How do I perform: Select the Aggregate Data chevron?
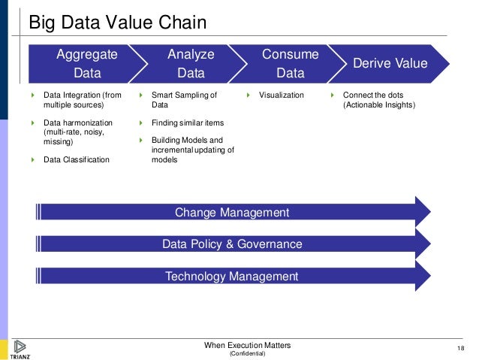(86, 64)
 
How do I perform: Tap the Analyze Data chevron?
(191, 64)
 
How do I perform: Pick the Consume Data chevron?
(290, 64)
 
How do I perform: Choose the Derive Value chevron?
(390, 64)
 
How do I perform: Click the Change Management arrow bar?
(231, 213)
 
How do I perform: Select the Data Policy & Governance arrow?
(231, 244)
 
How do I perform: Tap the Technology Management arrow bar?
(231, 277)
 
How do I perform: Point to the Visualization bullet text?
(282, 95)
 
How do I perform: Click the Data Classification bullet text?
(76, 159)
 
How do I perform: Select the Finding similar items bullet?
(187, 123)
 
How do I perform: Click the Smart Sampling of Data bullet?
(184, 100)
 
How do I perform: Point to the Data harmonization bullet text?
(78, 132)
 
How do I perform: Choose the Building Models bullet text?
(192, 150)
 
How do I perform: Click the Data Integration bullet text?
(82, 100)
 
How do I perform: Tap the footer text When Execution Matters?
(247, 345)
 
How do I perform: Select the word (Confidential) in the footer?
(247, 353)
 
